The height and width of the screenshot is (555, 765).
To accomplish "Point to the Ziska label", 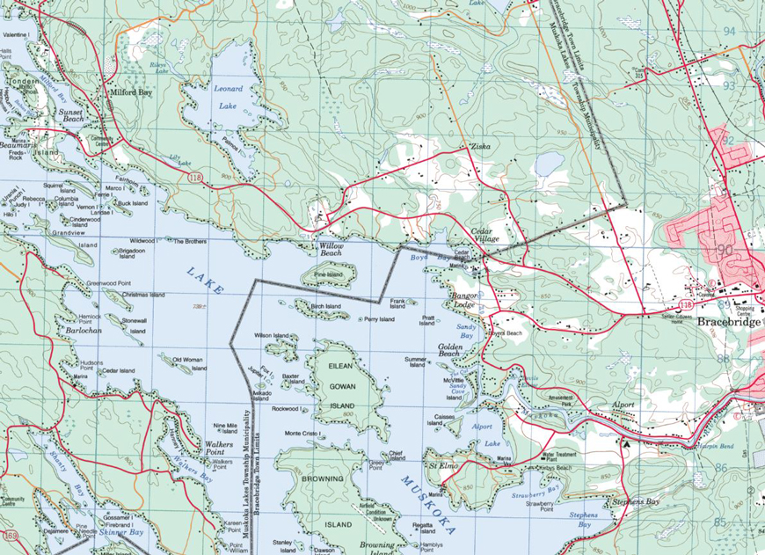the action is click(480, 146).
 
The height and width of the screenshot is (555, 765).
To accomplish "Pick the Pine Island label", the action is click(327, 274).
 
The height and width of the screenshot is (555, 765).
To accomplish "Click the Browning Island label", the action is click(323, 501).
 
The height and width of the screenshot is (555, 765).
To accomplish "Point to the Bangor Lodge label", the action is click(463, 303).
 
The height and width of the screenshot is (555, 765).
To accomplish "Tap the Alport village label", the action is click(623, 405).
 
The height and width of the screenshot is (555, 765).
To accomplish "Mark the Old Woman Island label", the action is click(187, 360).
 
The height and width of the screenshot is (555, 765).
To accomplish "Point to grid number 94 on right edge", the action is click(729, 32).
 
